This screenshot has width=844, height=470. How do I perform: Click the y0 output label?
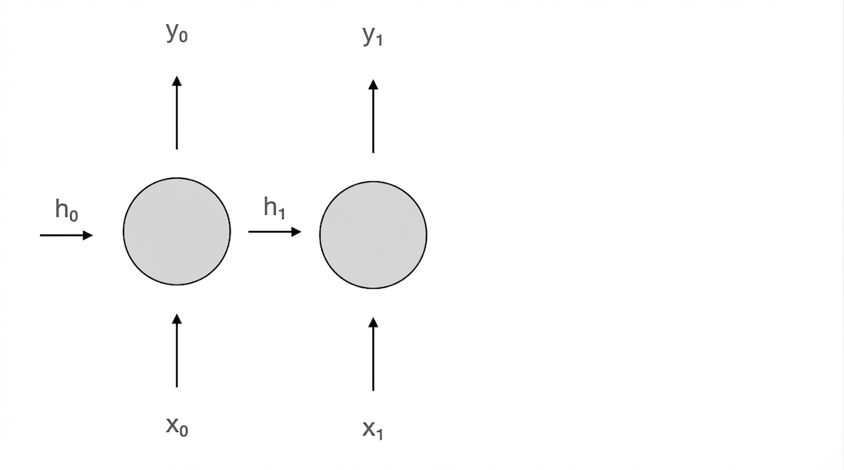point(177,33)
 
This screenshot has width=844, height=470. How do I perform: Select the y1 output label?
point(373,36)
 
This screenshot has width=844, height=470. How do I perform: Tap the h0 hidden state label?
point(67,210)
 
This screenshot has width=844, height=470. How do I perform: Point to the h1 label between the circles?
point(274,207)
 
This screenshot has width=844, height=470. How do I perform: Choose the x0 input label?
point(177,427)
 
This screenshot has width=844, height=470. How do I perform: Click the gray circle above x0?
point(177,231)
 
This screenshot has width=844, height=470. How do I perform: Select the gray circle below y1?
point(373,235)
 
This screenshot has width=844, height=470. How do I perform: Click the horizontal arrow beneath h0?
point(66,236)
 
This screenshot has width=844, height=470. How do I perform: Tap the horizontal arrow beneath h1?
point(275,232)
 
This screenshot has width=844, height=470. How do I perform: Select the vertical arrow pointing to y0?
point(177,113)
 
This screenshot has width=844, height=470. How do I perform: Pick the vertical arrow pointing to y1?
point(373,116)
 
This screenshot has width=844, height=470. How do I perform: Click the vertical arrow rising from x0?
point(177,351)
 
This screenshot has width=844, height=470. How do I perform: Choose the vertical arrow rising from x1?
point(373,354)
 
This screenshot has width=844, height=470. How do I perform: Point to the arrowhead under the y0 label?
point(177,81)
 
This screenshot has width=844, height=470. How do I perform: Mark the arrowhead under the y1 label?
point(373,84)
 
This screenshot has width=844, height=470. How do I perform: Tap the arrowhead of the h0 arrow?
point(88,236)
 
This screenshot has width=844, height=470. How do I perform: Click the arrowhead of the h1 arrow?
point(297,232)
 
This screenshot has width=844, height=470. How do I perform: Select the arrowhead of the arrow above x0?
point(177,319)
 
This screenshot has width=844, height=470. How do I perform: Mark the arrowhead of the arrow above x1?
point(373,323)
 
